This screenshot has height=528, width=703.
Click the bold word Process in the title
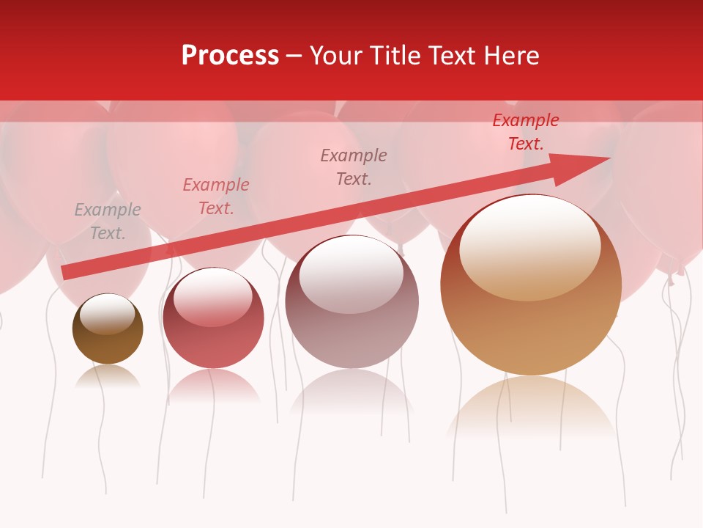tap(230, 56)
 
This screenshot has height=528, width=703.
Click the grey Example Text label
tap(108, 221)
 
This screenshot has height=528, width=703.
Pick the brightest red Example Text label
tap(526, 132)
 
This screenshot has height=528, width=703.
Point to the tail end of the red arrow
tap(66, 273)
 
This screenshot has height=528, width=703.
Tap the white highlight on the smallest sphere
tap(108, 314)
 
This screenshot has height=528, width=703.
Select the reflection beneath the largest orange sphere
tap(531, 411)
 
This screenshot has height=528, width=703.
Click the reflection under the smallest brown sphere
tap(108, 377)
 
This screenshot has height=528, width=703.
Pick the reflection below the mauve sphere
tap(352, 392)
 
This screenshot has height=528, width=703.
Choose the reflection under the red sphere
tap(213, 385)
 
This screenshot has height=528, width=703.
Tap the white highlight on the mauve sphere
tap(351, 273)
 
